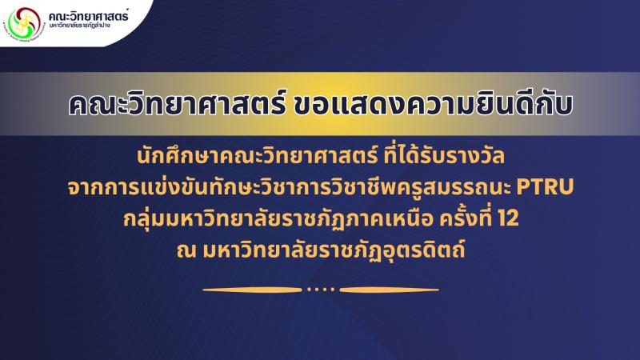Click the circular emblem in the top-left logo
pos(22,22)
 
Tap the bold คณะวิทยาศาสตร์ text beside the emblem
pos(88,15)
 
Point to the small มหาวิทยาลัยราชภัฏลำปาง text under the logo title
pos(79,26)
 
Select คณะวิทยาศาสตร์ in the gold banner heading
pos(177,104)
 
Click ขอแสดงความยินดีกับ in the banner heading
pos(433,104)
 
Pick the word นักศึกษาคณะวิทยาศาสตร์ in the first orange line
pos(257,157)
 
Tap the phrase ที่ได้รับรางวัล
pos(444,155)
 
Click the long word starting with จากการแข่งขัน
pos(289,187)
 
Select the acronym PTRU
pos(546,187)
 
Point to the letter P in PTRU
pos(524,187)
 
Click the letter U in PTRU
pos(567,187)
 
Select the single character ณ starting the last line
pos(186,250)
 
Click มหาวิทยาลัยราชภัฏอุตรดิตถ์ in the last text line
pos(334,250)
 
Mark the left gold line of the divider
pos(252,290)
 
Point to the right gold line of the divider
pos(390,290)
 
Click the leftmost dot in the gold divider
pos(309,290)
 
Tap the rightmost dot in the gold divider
pos(332,290)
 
